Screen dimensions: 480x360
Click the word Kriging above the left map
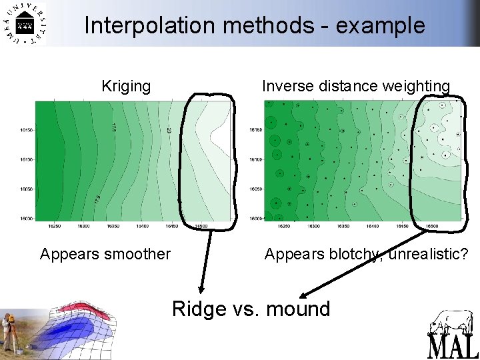(126, 86)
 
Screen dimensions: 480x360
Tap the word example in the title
(381, 25)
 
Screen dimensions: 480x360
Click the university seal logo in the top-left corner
(25, 24)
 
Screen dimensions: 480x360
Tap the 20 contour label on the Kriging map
(169, 133)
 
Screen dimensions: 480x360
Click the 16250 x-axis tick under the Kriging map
(55, 226)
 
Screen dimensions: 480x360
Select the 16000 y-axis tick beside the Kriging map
(26, 218)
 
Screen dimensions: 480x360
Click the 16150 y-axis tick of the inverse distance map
(256, 130)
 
